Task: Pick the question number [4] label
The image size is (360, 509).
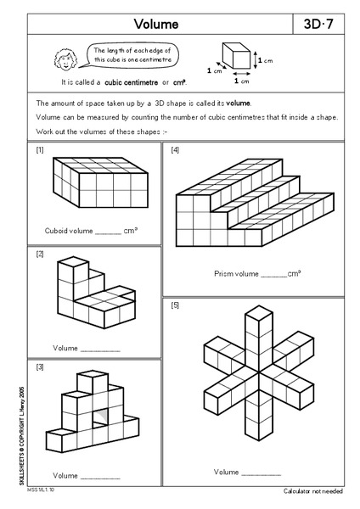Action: pyautogui.click(x=175, y=150)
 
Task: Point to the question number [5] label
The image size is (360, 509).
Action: pyautogui.click(x=175, y=305)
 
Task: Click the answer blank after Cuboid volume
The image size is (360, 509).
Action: pyautogui.click(x=109, y=231)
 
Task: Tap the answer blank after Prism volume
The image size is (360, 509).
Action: pyautogui.click(x=273, y=274)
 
